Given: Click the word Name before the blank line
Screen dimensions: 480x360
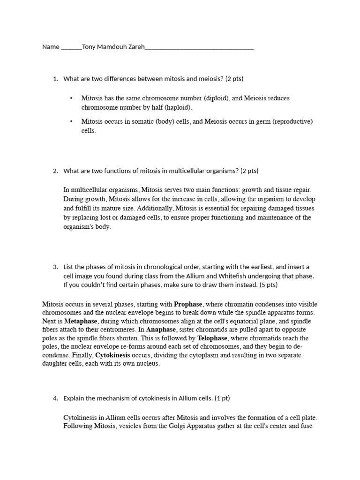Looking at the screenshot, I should pos(51,47).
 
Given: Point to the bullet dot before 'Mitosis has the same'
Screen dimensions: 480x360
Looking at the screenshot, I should pos(71,98).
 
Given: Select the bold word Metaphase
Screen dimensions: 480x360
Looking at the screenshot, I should pos(81,321).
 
